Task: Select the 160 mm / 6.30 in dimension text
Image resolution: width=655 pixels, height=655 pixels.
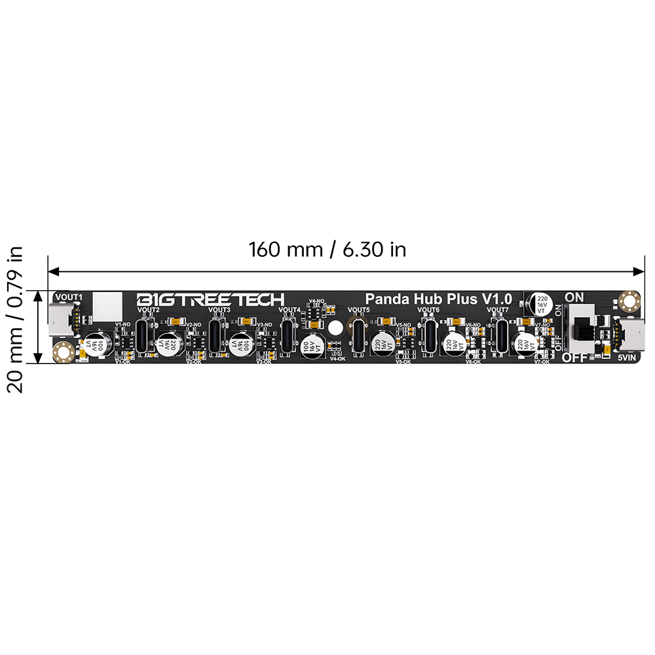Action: (327, 250)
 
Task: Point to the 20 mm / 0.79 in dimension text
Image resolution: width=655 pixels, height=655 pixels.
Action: (16, 319)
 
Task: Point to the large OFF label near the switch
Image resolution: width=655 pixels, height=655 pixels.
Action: (574, 358)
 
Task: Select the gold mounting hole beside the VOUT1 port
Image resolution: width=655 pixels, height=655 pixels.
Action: (64, 352)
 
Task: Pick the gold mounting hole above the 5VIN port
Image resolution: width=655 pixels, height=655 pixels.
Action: (630, 301)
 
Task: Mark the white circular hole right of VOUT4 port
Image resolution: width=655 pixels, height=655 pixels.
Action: (335, 328)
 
